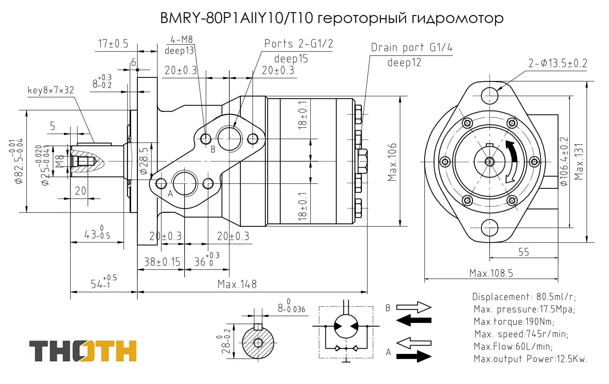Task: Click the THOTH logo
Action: [x=83, y=351]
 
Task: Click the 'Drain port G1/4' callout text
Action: [x=412, y=47]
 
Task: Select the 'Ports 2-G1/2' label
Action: [x=299, y=44]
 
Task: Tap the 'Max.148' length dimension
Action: [x=237, y=284]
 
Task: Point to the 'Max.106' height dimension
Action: [x=392, y=162]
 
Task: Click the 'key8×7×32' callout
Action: [x=51, y=90]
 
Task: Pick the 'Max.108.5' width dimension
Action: [x=491, y=273]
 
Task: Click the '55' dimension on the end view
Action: [x=524, y=252]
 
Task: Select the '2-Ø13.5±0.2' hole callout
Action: [x=558, y=63]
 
